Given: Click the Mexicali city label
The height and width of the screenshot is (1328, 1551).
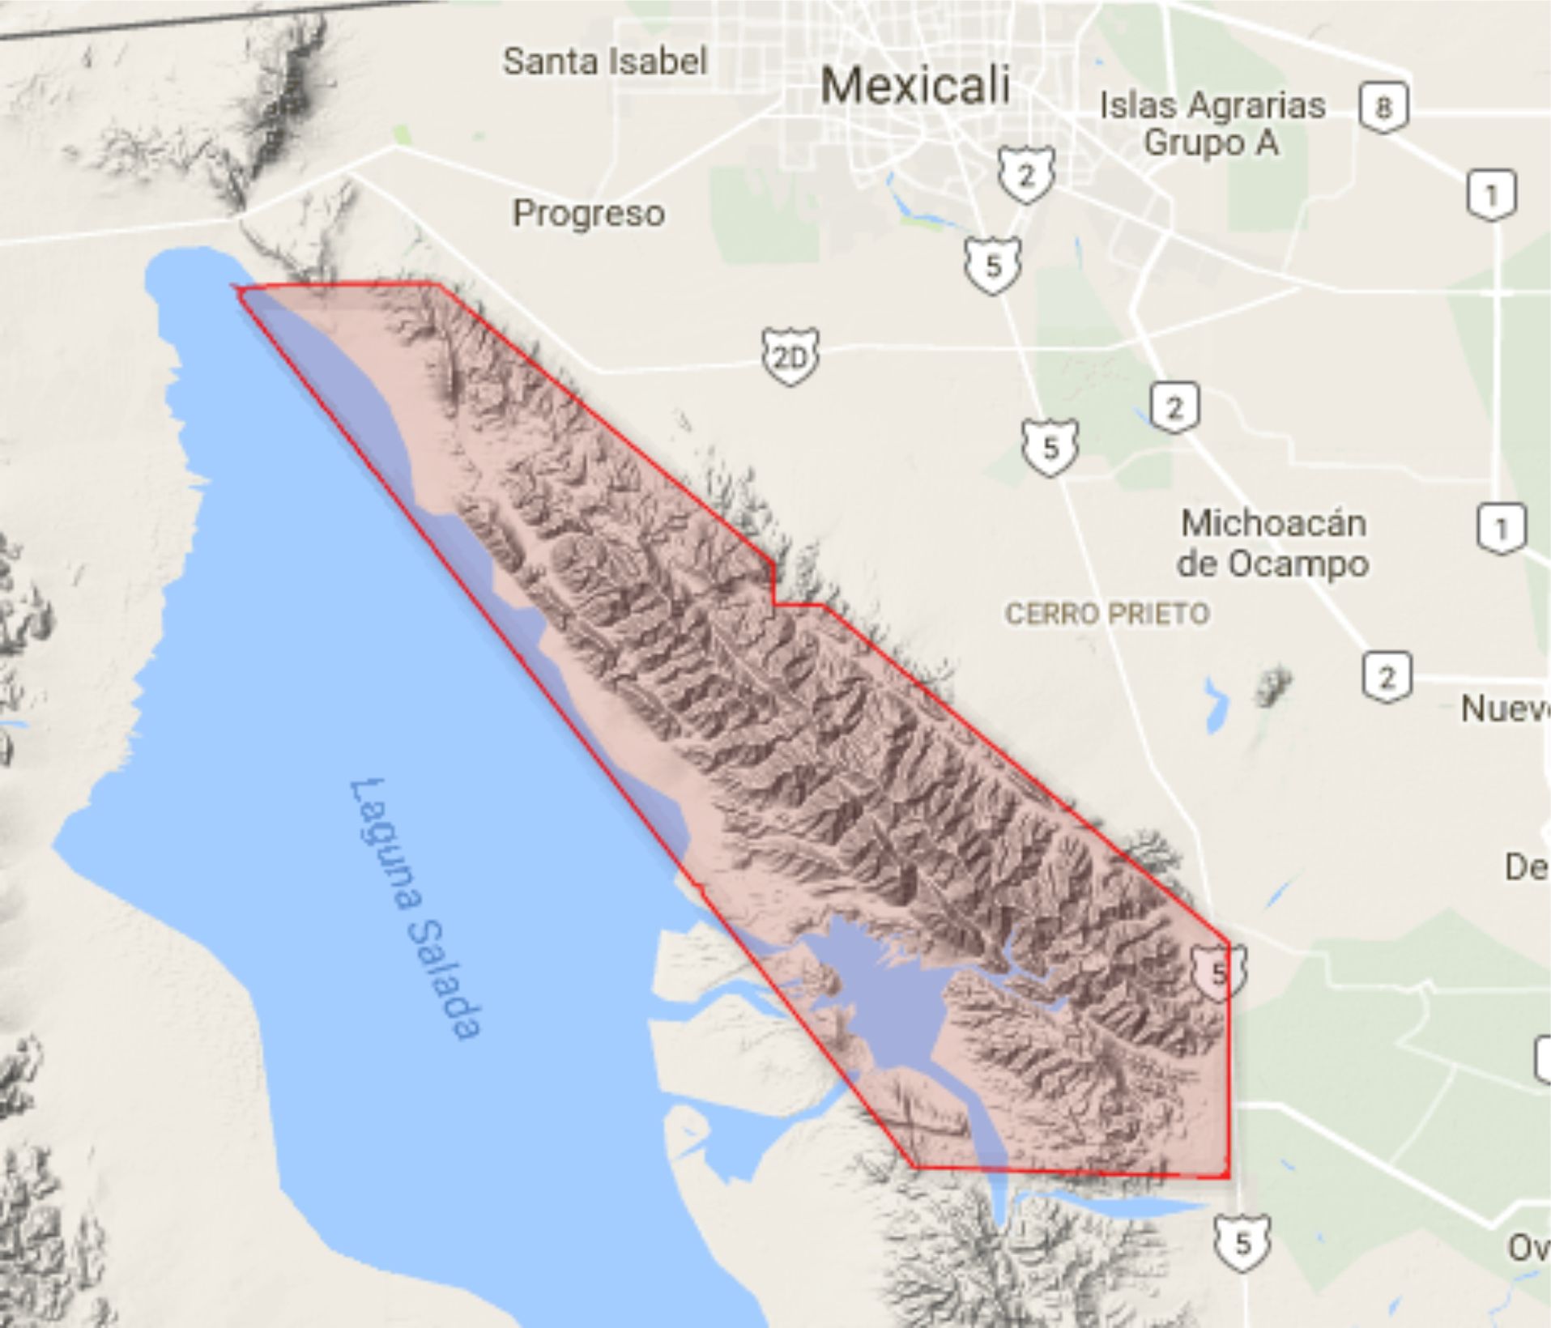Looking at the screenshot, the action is (915, 86).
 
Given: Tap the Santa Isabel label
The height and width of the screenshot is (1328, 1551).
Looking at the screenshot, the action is (604, 62).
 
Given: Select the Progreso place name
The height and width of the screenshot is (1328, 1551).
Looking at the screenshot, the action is (589, 214).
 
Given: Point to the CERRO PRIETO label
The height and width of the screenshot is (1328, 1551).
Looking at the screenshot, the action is (1107, 613).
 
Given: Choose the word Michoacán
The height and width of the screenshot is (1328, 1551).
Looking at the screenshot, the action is (1273, 523).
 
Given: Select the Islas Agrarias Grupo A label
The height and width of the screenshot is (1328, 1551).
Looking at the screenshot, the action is (1212, 124).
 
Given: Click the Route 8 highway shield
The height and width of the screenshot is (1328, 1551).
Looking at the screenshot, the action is (1383, 106).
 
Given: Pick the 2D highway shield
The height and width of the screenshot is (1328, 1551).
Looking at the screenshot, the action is (789, 356).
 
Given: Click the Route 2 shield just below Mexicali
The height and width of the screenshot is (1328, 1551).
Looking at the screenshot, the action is (1026, 174).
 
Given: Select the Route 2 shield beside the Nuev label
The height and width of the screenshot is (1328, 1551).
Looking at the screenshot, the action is (1387, 676).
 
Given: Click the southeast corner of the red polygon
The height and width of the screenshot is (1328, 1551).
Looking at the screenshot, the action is (1228, 1176).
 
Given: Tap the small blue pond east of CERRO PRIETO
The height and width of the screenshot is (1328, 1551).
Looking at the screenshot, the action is (1215, 704).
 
